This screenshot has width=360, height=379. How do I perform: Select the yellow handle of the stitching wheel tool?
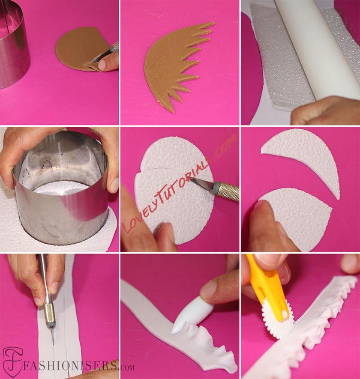(x=266, y=285)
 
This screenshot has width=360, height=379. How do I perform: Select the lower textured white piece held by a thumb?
(x=297, y=215)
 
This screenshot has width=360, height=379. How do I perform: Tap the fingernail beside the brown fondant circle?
(x=102, y=64)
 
